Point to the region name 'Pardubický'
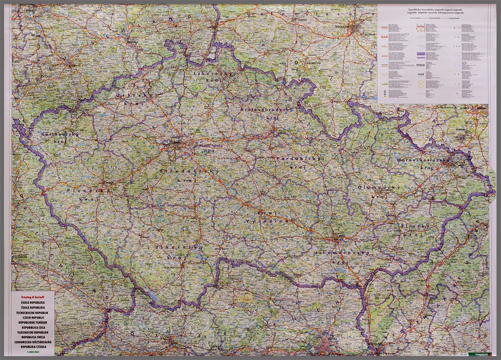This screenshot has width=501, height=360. [x=297, y=158]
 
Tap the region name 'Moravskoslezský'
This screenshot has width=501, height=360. [x=422, y=160]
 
